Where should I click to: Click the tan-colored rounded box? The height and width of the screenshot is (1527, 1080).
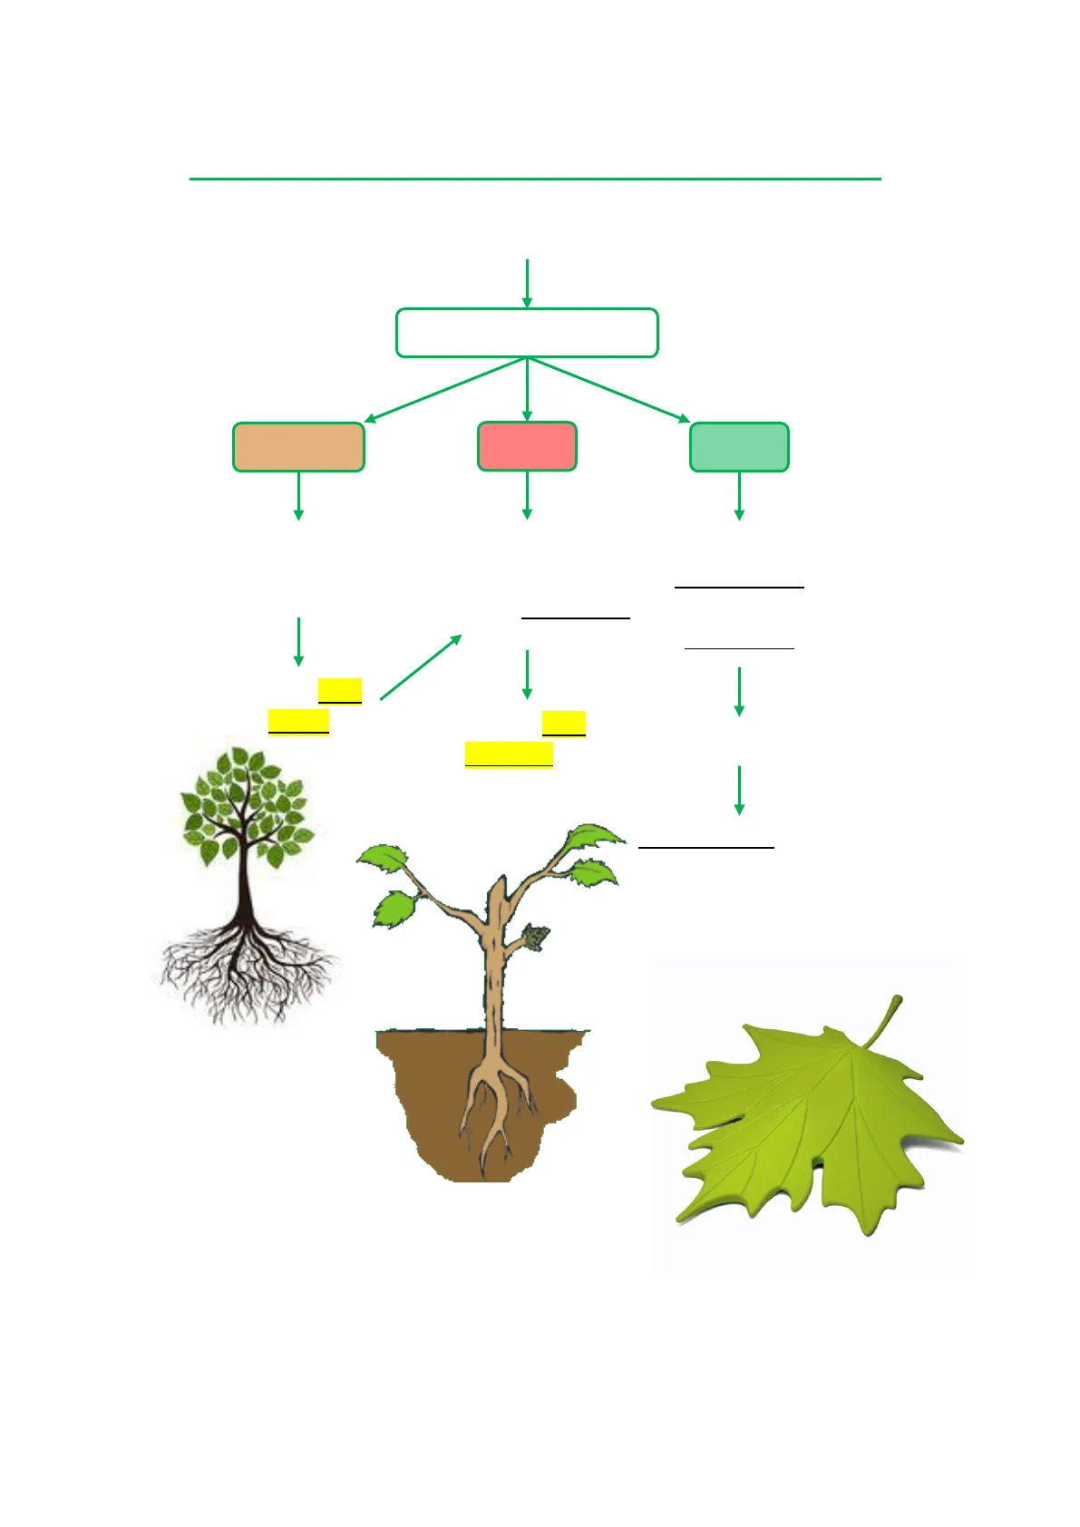tap(298, 447)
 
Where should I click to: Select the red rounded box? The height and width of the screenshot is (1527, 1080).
tap(527, 446)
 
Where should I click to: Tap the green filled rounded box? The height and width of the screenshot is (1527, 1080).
tap(739, 447)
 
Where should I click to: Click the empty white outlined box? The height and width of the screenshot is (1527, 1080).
tap(527, 333)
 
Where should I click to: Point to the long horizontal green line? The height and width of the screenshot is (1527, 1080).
tap(535, 180)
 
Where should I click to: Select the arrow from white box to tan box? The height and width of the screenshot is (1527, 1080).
tap(444, 390)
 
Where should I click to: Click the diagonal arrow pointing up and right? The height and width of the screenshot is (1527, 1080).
tap(420, 667)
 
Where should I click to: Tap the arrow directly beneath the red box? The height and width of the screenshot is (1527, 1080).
tap(527, 495)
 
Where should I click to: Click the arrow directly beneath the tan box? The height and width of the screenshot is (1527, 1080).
tap(298, 495)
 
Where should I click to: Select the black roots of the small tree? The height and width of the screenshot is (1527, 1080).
tap(245, 970)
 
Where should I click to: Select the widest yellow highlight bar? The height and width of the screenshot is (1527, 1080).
tap(509, 754)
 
